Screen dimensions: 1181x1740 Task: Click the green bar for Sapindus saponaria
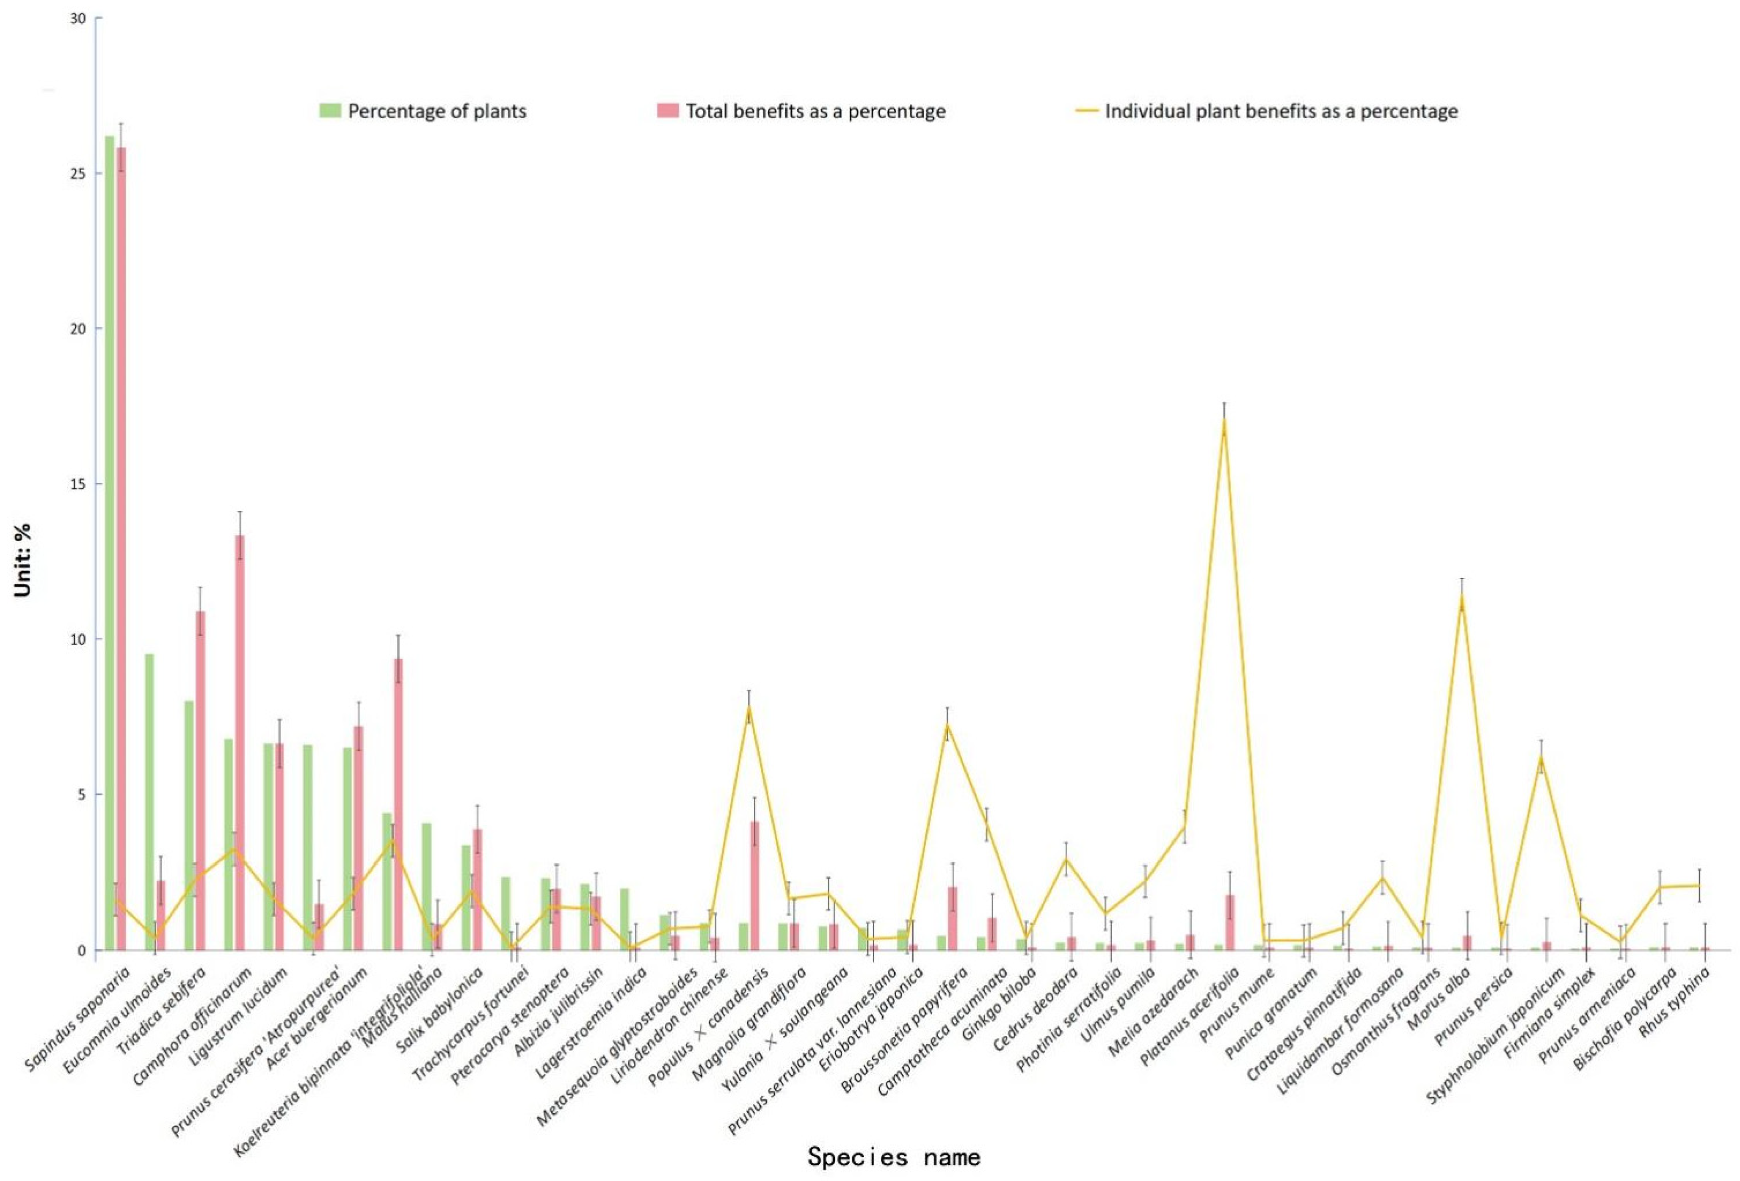[109, 543]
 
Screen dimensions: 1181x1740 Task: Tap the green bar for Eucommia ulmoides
[149, 801]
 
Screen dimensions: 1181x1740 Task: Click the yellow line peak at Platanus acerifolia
[1224, 421]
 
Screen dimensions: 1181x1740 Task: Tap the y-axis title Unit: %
[22, 559]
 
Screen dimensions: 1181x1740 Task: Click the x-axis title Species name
[893, 1156]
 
